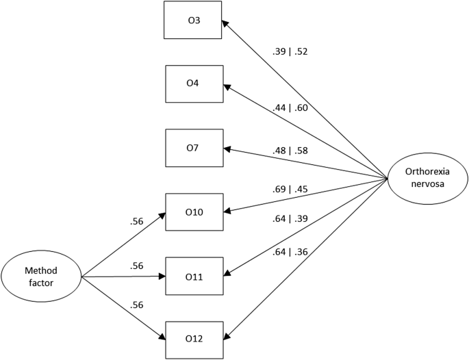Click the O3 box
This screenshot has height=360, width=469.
(194, 20)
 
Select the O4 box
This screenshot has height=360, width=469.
(194, 83)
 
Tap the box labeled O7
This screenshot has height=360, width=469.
(194, 148)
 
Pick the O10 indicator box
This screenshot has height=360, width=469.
(194, 212)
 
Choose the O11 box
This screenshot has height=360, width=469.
(194, 277)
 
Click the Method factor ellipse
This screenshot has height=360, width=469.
(41, 277)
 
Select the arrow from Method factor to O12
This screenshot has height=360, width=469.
(123, 308)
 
